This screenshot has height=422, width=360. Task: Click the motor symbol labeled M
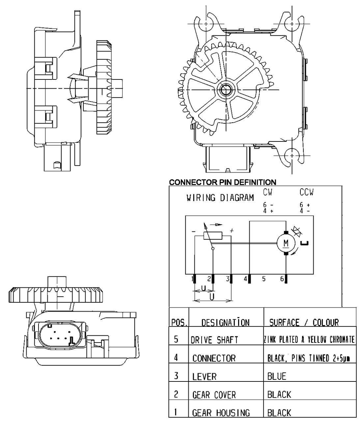coord(286,243)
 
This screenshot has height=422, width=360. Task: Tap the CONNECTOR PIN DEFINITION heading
coord(223,182)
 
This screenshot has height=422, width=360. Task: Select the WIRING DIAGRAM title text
coord(220,197)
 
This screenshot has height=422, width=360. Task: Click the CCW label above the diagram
coord(306,192)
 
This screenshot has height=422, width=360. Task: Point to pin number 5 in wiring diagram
coord(264,279)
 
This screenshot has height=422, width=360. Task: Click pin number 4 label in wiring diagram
coord(246,279)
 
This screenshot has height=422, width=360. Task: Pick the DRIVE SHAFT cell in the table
coord(214,340)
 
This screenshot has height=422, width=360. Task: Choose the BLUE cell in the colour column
coord(277,376)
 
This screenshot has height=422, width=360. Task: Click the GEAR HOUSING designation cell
coord(221,413)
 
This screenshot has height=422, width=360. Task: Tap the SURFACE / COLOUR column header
coord(304,322)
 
